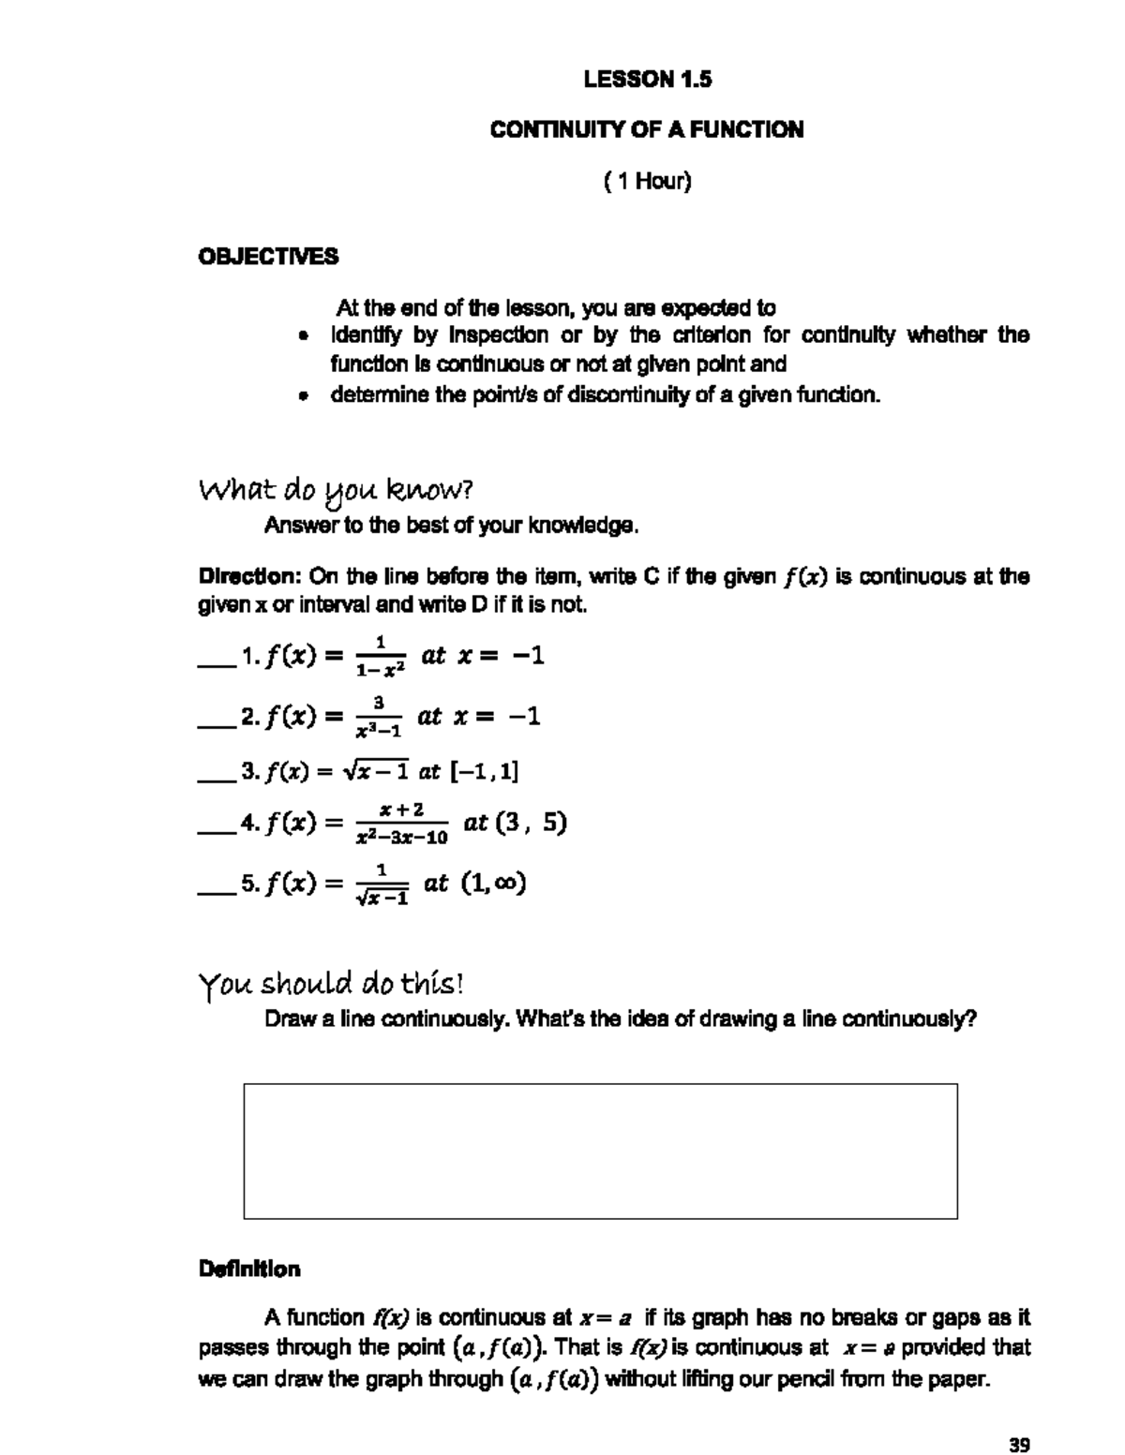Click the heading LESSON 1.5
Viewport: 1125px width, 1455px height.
coord(647,80)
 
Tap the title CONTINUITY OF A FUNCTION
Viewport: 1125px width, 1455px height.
coord(646,130)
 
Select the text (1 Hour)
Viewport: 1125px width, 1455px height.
coord(647,181)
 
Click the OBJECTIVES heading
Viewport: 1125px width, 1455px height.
coord(268,257)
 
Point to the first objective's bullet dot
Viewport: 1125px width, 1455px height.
coord(302,336)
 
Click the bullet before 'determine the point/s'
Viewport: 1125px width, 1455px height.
coord(302,396)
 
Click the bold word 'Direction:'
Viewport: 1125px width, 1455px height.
coord(247,576)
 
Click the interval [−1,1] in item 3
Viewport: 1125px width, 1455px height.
coord(485,772)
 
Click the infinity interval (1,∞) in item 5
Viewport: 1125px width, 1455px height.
coord(493,883)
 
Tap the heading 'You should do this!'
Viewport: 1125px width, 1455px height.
coord(330,985)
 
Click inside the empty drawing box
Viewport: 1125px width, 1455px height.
coord(600,1151)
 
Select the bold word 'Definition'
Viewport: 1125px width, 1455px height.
coord(249,1269)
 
